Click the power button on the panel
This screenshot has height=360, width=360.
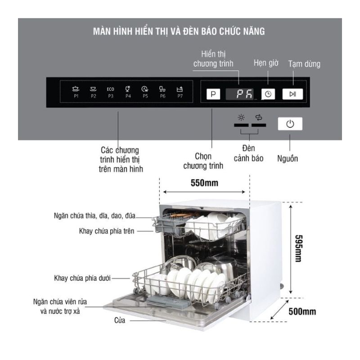coord(290,124)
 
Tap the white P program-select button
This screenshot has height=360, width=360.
coord(213,94)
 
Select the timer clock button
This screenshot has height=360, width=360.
coord(268,94)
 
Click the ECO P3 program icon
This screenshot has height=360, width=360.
coord(110,92)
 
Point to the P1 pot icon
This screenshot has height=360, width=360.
coord(76,92)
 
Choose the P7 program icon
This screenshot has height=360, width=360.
coord(180,92)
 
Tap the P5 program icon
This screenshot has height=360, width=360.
coord(145,92)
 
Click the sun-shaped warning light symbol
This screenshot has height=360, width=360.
coord(241,117)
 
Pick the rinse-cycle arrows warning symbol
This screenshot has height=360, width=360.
coord(259,117)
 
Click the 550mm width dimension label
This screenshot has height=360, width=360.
coord(204,183)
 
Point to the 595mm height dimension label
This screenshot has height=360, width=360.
coord(298,248)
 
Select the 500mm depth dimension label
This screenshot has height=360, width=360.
coord(302,311)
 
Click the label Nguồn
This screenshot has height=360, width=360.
coord(288,158)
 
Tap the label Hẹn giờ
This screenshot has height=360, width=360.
coord(266,63)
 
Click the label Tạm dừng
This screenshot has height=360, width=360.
coord(304,64)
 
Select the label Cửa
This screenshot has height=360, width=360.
coord(120,320)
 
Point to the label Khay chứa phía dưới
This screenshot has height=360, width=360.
coord(82,278)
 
